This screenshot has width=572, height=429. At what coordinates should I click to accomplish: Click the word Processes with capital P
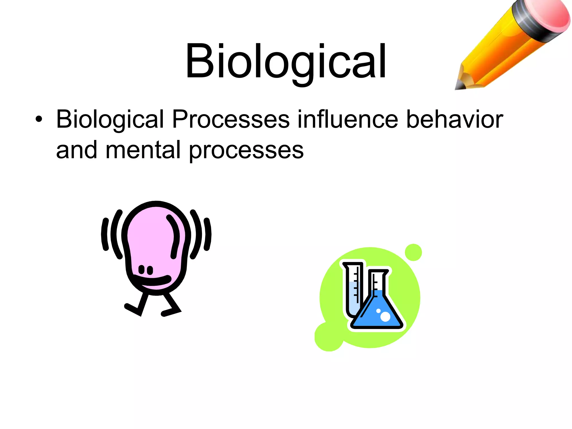(x=231, y=120)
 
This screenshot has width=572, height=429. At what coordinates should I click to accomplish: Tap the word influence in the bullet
(x=347, y=120)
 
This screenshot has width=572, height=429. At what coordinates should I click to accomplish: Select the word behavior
(x=454, y=120)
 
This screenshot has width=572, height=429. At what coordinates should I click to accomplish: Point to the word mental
(x=143, y=150)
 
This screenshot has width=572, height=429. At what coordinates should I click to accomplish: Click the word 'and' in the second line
(x=77, y=150)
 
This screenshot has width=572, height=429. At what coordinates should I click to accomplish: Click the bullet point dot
(x=39, y=120)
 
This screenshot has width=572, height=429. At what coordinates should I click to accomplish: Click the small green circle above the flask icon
(x=413, y=252)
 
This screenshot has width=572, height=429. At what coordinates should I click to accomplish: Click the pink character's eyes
(x=146, y=270)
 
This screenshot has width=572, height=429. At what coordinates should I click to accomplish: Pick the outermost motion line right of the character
(x=208, y=234)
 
